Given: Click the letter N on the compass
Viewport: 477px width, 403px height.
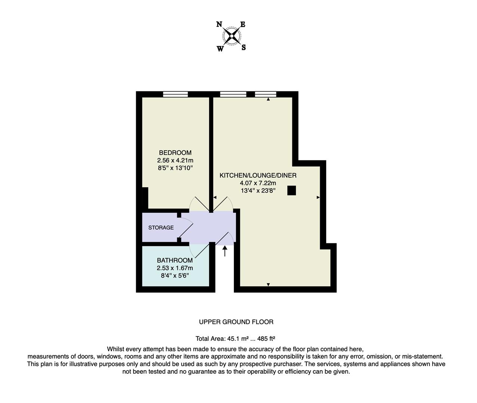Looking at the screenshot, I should click(x=219, y=25).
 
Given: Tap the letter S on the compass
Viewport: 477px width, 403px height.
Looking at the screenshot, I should click(x=244, y=47).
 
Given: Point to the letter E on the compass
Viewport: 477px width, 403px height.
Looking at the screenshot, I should click(x=243, y=25).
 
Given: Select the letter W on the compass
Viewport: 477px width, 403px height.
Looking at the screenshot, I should click(x=220, y=49).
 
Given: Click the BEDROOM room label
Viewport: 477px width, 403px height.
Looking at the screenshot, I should click(x=175, y=153).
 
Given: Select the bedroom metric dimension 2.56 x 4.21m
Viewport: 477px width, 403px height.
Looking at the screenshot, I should click(x=175, y=160).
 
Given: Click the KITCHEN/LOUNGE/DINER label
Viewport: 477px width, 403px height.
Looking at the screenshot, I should click(x=258, y=175).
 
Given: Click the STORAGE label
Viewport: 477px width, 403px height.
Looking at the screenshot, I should click(x=161, y=228).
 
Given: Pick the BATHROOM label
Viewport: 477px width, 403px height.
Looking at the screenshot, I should click(x=175, y=260).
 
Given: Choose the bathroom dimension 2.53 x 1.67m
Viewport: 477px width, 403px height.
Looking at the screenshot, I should click(x=175, y=268).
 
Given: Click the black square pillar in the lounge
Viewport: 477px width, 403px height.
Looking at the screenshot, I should click(x=291, y=191).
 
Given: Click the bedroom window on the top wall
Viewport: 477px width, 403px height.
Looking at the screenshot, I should click(x=175, y=94).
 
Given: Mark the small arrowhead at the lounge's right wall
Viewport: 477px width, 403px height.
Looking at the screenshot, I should click(x=318, y=197).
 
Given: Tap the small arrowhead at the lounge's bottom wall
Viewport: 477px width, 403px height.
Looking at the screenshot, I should click(x=268, y=285).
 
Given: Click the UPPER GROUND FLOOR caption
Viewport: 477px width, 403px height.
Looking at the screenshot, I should click(x=236, y=322).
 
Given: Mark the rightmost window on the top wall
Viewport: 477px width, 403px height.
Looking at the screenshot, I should click(x=266, y=94).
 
